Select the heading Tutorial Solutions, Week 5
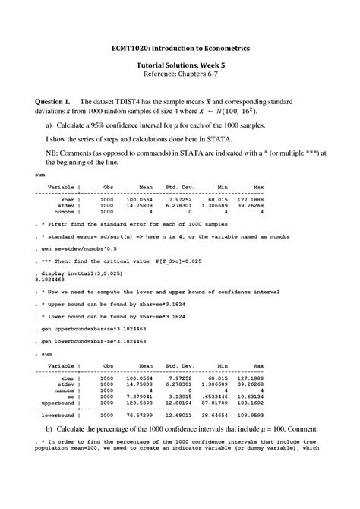179,67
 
